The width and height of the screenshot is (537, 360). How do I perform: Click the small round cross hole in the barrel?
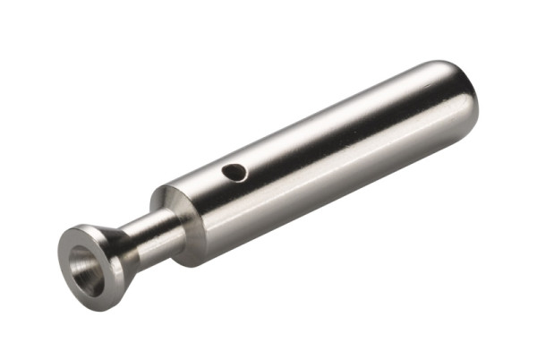point(234,171)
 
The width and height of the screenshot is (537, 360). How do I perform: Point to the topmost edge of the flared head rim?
point(85,227)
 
